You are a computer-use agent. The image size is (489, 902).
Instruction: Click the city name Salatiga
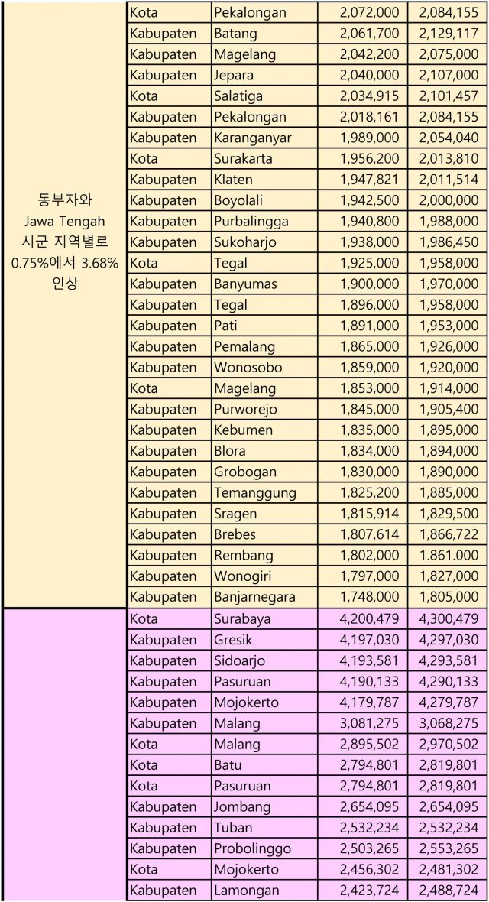coord(239,96)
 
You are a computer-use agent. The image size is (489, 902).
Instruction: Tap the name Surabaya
coord(242,618)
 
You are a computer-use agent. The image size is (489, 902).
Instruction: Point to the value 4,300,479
coord(449,618)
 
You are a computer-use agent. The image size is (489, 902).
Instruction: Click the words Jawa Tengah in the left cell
coord(64,221)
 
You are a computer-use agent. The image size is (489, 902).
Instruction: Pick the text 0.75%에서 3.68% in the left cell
coord(64,262)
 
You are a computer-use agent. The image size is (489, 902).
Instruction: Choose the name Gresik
coord(233,640)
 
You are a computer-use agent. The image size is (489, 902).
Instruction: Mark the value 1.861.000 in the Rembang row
coord(449,556)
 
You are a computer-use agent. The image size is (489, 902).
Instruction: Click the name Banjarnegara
coord(254,597)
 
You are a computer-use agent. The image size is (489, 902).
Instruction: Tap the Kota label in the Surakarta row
coord(144,159)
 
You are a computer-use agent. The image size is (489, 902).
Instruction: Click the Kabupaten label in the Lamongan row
coord(163,890)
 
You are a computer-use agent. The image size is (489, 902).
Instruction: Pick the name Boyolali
coord(238,200)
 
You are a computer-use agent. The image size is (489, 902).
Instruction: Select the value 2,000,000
coord(449,200)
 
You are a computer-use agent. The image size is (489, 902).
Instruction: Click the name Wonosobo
coord(248,368)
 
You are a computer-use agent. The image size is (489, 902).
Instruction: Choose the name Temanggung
coord(254,493)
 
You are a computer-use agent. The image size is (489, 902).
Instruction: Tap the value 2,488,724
coord(449,890)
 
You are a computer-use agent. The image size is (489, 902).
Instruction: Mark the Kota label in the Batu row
coord(144,764)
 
